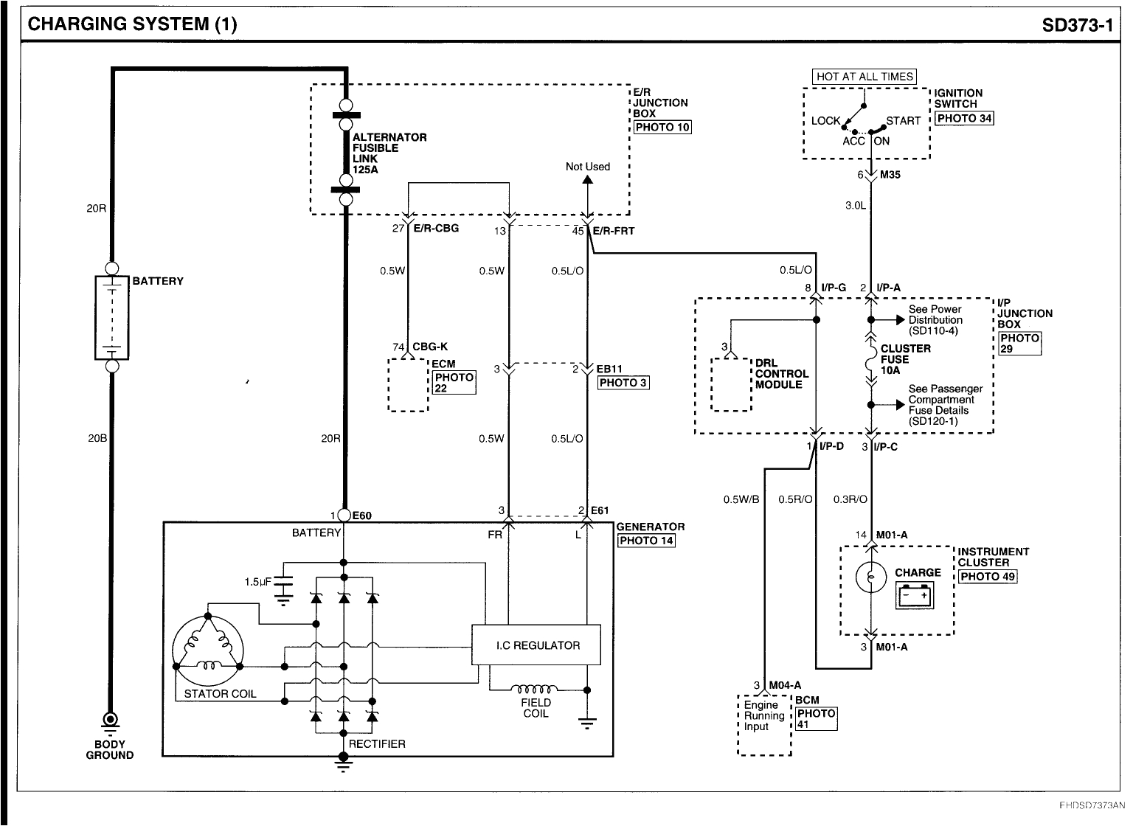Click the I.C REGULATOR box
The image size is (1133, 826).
click(536, 645)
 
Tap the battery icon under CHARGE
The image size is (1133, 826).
click(915, 594)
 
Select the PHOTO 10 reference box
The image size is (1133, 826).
click(662, 127)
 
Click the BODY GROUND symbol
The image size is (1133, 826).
click(110, 719)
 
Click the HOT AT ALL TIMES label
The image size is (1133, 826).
click(865, 77)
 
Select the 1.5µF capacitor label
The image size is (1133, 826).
click(257, 582)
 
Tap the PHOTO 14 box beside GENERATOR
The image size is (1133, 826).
click(645, 540)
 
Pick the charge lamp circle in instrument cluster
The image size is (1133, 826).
click(870, 577)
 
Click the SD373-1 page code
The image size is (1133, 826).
click(1077, 25)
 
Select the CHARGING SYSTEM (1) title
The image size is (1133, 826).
click(133, 25)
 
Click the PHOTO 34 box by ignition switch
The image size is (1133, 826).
click(964, 118)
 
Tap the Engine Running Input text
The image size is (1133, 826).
click(764, 715)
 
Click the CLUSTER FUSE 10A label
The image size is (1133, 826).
click(905, 359)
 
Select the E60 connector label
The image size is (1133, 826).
click(361, 516)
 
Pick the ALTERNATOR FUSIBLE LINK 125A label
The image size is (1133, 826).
click(389, 153)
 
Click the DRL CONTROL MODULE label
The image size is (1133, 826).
click(782, 374)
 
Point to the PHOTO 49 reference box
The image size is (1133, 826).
click(988, 576)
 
